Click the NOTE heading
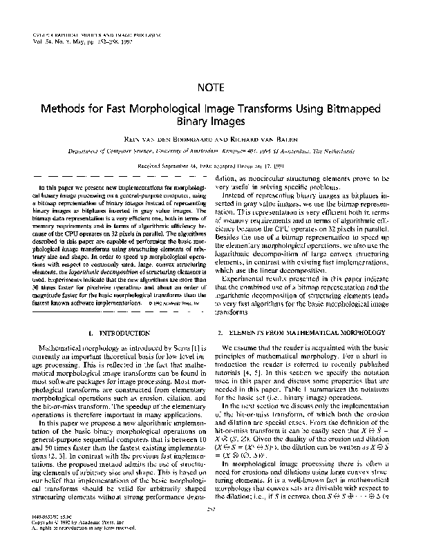click(211, 88)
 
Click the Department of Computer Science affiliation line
click(211, 151)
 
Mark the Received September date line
click(211, 166)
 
